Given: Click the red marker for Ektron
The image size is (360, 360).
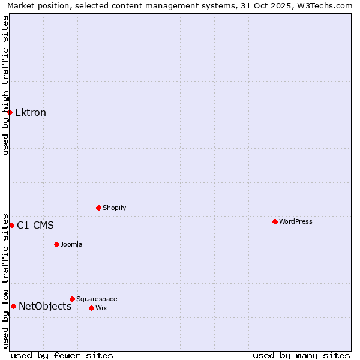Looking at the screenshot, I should [10, 112].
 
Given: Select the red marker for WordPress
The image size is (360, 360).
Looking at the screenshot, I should [275, 221].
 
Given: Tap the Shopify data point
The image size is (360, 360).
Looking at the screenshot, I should [98, 208].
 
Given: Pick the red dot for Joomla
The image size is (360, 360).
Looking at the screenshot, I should [56, 244].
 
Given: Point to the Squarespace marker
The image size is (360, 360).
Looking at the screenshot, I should [72, 299].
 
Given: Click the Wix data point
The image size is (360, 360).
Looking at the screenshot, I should [91, 308].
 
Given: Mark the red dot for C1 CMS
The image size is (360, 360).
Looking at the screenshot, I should [11, 225].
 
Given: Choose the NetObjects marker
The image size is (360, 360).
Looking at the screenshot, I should [13, 306].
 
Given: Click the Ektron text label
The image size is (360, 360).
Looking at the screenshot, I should [31, 113].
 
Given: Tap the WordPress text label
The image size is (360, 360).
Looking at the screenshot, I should [296, 221].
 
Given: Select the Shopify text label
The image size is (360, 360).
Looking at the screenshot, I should [115, 208].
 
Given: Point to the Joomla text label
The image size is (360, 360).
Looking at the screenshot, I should [71, 244].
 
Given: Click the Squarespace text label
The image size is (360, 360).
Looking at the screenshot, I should [97, 299].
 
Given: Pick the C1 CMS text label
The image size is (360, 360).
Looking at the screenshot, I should [35, 226].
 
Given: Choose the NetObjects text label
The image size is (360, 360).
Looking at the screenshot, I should [45, 307].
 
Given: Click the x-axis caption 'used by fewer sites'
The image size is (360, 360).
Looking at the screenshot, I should [62, 355].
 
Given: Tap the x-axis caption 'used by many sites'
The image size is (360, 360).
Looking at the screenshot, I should [301, 355].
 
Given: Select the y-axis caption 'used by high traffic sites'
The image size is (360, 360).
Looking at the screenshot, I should [5, 85].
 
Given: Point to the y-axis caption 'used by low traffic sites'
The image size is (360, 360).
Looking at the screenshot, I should [5, 281].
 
